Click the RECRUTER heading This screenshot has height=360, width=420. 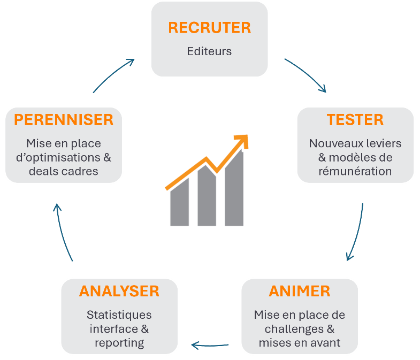[209, 28]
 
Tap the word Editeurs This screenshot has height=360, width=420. [209, 51]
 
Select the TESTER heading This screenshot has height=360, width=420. [355, 120]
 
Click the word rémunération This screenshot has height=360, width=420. [355, 171]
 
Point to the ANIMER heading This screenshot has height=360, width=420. [300, 291]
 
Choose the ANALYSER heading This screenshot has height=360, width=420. [119, 291]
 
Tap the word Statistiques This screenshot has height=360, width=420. [119, 315]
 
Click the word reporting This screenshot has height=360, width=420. [119, 342]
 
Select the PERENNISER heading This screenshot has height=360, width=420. [64, 120]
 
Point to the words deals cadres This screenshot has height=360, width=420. [64, 171]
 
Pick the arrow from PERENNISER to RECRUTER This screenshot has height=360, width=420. [113, 75]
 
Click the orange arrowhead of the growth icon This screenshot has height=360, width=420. [242, 140]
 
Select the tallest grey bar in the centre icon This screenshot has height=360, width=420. [234, 190]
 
